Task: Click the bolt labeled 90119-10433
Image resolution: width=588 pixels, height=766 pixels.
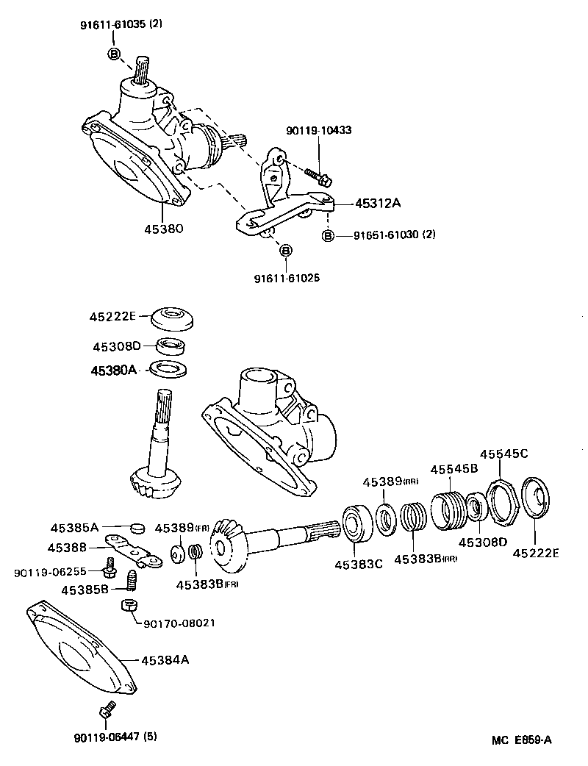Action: [x=318, y=176]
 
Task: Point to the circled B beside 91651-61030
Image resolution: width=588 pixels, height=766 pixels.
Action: [x=328, y=235]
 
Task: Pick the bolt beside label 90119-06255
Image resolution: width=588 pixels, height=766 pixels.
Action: [x=111, y=568]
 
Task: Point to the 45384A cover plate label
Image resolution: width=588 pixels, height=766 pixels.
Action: [x=165, y=659]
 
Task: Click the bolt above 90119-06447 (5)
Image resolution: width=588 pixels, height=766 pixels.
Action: [x=105, y=711]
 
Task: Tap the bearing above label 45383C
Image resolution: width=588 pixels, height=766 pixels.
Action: [x=356, y=523]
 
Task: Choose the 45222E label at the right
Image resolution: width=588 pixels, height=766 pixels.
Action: [x=535, y=554]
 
